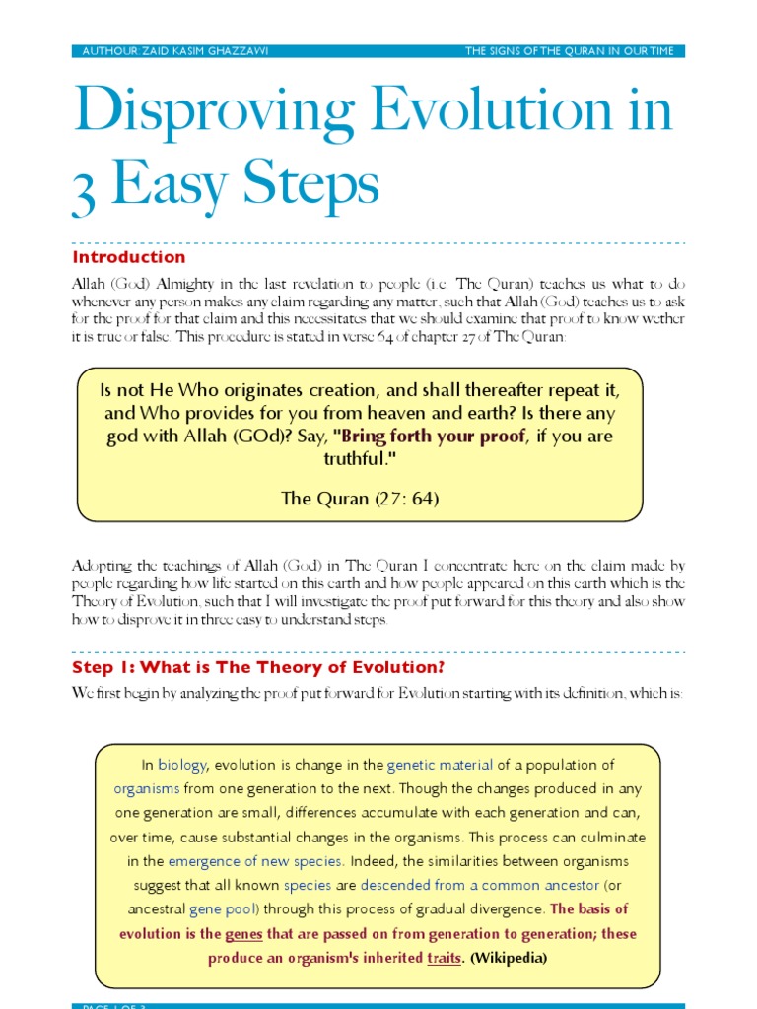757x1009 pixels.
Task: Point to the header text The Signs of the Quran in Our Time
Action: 570,51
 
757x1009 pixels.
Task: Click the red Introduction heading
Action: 128,257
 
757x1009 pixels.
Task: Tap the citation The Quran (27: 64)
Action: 360,498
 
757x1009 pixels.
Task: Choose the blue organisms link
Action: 146,788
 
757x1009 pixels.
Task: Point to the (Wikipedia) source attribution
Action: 509,957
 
